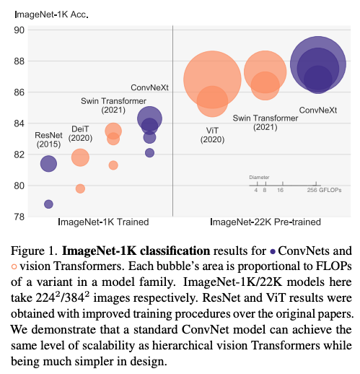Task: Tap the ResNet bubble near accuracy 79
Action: pos(48,204)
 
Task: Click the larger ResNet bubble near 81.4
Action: pos(48,164)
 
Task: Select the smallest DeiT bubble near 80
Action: pos(80,188)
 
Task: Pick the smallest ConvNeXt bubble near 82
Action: pos(149,152)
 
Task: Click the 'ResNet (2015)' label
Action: pos(48,139)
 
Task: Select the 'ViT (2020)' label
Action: pos(211,134)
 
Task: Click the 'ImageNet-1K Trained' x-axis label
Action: pos(103,222)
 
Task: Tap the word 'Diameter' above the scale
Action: pos(259,176)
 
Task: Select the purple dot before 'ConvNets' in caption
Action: pos(272,253)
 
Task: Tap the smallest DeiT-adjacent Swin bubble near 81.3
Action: pos(113,165)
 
